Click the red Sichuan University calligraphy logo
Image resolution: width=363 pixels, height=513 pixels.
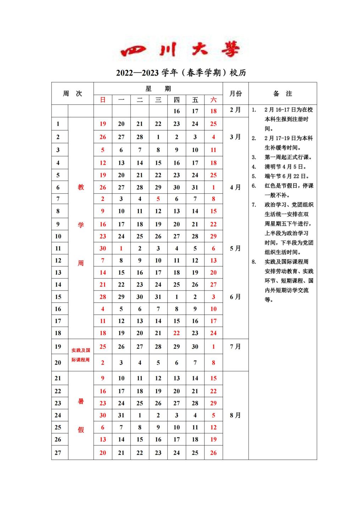[181, 50]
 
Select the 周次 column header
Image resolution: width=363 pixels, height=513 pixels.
[72, 94]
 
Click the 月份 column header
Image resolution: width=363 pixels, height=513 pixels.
[235, 94]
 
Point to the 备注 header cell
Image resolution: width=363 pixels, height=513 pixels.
[283, 94]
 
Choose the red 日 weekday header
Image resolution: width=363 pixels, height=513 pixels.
[103, 100]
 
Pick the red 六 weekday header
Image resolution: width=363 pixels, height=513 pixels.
[213, 100]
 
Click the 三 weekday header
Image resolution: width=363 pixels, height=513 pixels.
[158, 100]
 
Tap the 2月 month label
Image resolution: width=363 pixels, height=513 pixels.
[235, 110]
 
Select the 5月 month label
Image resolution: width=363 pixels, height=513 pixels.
[235, 248]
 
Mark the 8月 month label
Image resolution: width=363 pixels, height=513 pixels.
[235, 415]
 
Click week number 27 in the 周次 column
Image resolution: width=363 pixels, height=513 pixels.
[58, 453]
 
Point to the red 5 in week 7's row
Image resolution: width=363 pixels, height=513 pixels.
[158, 199]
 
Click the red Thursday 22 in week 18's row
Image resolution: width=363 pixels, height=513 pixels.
[177, 333]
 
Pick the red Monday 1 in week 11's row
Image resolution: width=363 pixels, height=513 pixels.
[121, 248]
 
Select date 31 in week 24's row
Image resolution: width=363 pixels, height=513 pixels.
[121, 415]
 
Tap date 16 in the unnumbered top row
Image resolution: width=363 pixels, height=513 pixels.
[177, 111]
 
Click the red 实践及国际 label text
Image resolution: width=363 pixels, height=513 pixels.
[81, 350]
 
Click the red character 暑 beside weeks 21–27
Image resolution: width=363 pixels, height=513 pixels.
[81, 401]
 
